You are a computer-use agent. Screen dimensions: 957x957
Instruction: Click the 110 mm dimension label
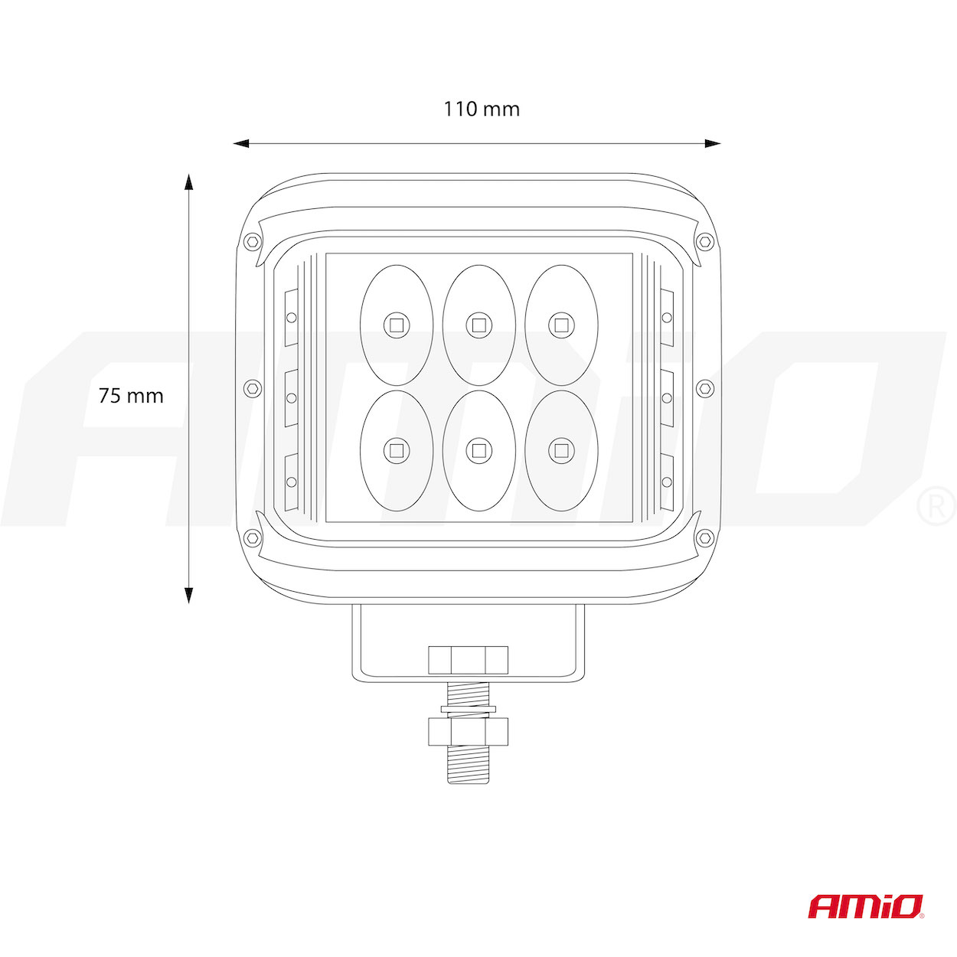[x=482, y=109]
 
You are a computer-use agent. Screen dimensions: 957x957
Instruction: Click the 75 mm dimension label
[x=131, y=396]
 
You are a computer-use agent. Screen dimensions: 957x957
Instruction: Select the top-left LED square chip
[x=397, y=325]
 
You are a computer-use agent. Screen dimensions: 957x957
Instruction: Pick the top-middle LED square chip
[x=478, y=325]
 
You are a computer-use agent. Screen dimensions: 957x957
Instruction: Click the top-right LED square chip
[x=561, y=325]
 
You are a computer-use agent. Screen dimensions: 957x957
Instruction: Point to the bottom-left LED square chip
[x=397, y=451]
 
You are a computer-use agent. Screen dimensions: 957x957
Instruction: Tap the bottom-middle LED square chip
[x=478, y=451]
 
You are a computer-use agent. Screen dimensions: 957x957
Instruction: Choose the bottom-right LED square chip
[x=561, y=451]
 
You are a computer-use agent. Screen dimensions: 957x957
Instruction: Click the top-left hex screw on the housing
[x=253, y=241]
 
